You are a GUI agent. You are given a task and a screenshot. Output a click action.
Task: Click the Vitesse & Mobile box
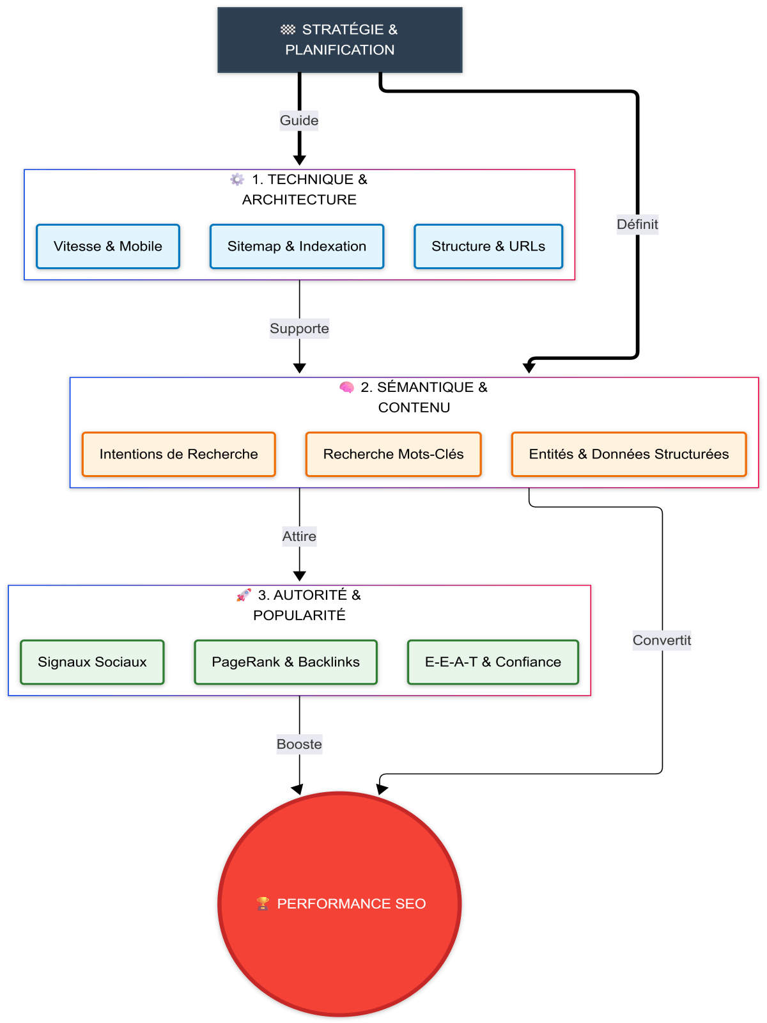[108, 246]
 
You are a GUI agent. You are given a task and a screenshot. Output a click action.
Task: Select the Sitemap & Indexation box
[297, 246]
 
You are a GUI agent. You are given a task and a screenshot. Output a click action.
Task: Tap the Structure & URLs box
[488, 246]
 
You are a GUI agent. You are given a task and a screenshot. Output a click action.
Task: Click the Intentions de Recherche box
[178, 454]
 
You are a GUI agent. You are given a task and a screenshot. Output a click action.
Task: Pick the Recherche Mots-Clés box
[393, 454]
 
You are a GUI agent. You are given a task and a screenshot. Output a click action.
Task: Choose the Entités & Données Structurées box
[628, 454]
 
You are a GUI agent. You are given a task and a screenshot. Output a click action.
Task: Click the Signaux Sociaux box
[92, 662]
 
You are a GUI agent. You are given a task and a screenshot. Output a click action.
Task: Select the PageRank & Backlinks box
[286, 662]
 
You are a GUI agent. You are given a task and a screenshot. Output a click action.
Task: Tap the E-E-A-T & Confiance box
[493, 662]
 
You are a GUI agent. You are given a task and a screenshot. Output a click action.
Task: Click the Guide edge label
[299, 120]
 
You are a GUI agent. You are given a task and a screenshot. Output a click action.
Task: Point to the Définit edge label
[637, 224]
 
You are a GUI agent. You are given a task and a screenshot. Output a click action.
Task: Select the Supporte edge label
[299, 329]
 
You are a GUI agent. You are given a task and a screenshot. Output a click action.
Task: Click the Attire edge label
[299, 536]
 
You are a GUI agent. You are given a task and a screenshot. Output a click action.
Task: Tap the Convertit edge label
[662, 640]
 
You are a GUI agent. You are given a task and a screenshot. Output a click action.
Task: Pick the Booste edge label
[299, 744]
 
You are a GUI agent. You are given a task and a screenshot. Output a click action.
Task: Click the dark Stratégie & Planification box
[339, 40]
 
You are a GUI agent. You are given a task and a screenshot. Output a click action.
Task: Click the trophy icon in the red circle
[263, 903]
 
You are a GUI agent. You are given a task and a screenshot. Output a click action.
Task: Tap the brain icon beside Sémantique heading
[346, 387]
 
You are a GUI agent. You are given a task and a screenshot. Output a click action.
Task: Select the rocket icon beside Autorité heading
[244, 595]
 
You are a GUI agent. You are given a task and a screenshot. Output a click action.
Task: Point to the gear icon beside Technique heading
[237, 180]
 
